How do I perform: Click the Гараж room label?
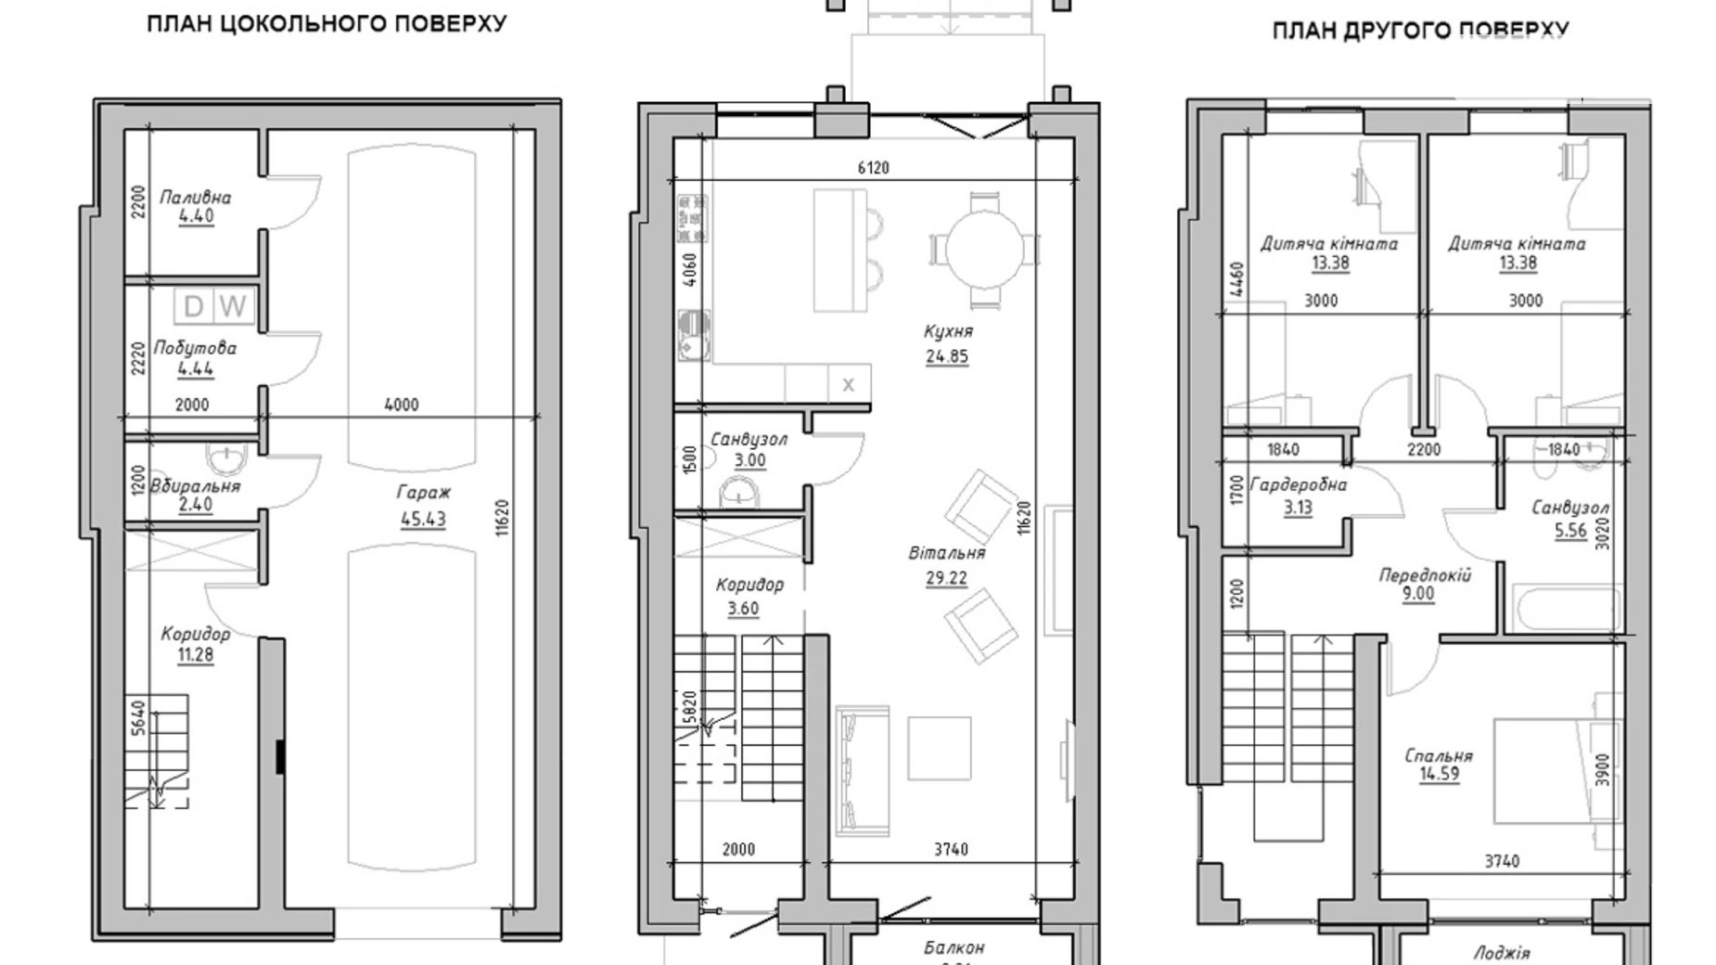tap(423, 493)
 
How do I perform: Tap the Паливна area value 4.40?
tap(196, 216)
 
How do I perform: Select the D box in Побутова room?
tap(194, 306)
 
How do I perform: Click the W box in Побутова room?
tap(234, 306)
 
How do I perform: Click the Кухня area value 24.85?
tap(947, 356)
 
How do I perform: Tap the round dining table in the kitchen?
tap(984, 249)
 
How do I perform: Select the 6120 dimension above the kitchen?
tap(873, 168)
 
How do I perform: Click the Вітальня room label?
tap(947, 553)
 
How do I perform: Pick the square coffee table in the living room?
tap(939, 748)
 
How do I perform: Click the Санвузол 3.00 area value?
tap(749, 460)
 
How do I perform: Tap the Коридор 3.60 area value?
tap(743, 609)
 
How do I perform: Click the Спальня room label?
tap(1439, 755)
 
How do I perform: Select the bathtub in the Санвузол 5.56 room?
tap(1564, 609)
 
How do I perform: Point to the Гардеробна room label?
tap(1299, 485)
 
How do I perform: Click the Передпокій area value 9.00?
tap(1418, 595)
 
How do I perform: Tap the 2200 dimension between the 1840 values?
tap(1424, 450)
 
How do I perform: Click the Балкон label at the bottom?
tap(954, 948)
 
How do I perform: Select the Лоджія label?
tap(1502, 952)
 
